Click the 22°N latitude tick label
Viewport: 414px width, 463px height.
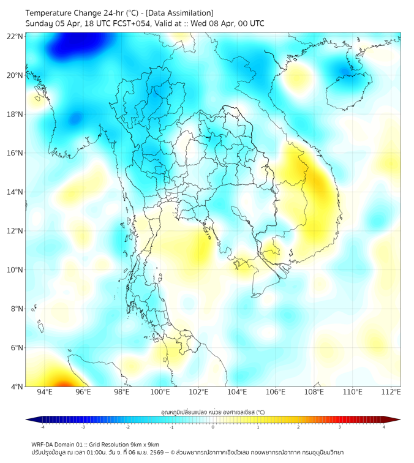pyautogui.click(x=15, y=37)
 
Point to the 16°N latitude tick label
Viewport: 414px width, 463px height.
pyautogui.click(x=15, y=153)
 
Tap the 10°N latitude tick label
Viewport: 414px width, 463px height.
pyautogui.click(x=15, y=270)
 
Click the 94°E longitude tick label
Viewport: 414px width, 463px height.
pyautogui.click(x=45, y=393)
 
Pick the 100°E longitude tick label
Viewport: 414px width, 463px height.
pyautogui.click(x=160, y=393)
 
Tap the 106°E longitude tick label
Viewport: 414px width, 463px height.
pyautogui.click(x=276, y=393)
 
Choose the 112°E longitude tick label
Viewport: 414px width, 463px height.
pyautogui.click(x=391, y=393)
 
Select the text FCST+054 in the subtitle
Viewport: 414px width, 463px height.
pyautogui.click(x=127, y=23)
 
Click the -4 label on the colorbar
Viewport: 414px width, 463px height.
pyautogui.click(x=42, y=427)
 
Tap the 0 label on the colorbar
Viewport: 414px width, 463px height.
pyautogui.click(x=213, y=427)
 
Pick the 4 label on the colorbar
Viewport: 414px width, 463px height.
pyautogui.click(x=384, y=427)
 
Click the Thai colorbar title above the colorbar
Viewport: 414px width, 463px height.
pyautogui.click(x=213, y=412)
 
